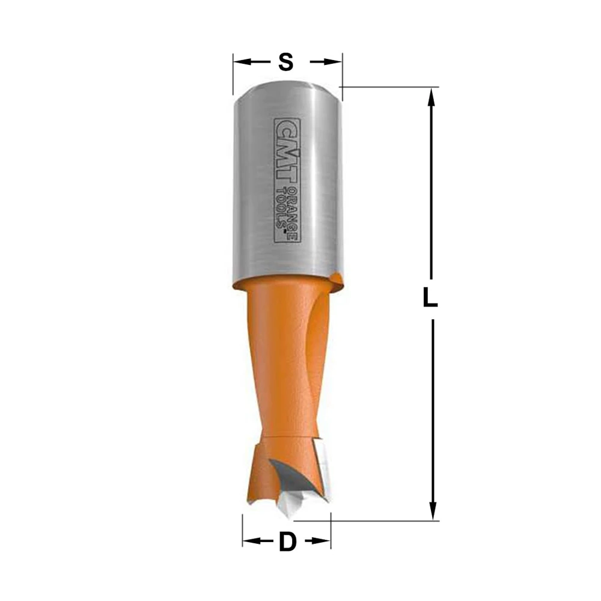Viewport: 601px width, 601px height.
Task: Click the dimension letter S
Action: click(286, 62)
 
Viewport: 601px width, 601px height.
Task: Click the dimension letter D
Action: click(288, 542)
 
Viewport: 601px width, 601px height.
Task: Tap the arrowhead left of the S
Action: click(242, 62)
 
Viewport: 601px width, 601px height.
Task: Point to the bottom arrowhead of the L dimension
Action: click(433, 511)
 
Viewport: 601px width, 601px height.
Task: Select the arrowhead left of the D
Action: click(251, 541)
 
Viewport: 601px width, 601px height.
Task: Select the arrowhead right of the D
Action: click(322, 541)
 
